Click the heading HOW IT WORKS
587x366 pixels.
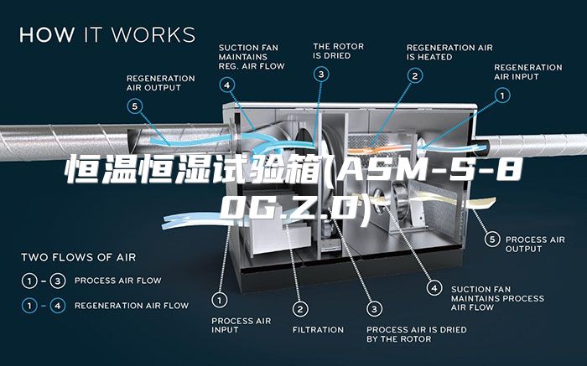[107, 34]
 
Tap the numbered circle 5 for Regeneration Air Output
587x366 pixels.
[135, 106]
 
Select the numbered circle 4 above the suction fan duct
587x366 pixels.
[227, 85]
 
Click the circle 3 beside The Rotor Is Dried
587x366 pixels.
[321, 74]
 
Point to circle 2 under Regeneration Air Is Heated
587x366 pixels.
[415, 76]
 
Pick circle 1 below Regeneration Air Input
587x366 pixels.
[502, 95]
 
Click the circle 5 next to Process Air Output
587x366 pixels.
[492, 239]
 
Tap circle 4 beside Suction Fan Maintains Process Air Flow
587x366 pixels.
[434, 288]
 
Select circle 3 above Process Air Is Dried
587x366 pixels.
[374, 309]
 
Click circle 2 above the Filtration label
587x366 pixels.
[300, 309]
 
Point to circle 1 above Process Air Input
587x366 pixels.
[220, 300]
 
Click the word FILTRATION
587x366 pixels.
[318, 330]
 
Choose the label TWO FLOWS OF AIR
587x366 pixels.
[79, 257]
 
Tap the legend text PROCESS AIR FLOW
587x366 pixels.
[118, 281]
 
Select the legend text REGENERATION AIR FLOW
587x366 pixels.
[132, 306]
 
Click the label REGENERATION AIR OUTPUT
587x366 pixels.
[161, 83]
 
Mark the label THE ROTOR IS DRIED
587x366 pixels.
[339, 51]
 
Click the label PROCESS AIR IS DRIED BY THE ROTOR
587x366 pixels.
[417, 334]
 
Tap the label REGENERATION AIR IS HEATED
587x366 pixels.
[449, 52]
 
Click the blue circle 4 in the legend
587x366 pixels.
[58, 306]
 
